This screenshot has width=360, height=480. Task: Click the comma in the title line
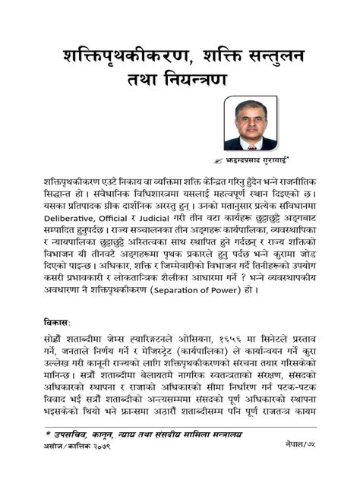coord(201,61)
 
